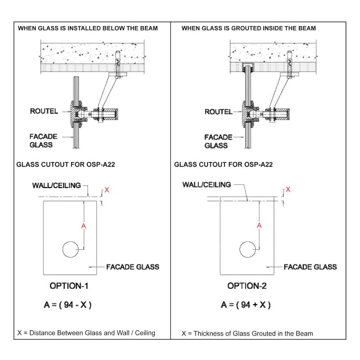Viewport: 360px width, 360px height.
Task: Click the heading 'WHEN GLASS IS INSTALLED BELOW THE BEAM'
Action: (87, 28)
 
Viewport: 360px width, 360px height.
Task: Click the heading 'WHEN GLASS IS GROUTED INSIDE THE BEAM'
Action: (248, 28)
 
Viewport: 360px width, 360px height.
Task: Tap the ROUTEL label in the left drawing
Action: (44, 111)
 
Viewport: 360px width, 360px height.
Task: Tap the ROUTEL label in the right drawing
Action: (218, 112)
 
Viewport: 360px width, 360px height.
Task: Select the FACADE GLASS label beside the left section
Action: (43, 140)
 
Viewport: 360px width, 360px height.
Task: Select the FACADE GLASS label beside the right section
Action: (218, 141)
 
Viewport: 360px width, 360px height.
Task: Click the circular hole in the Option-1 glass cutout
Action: (70, 249)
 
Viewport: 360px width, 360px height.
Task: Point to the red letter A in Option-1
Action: (83, 226)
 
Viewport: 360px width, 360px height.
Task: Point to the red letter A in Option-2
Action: (259, 226)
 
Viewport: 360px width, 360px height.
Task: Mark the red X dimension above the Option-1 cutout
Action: (107, 190)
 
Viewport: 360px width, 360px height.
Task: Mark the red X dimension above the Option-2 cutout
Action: (288, 189)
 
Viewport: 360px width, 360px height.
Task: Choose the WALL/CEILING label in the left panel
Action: (57, 185)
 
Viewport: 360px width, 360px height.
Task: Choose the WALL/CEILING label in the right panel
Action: (207, 184)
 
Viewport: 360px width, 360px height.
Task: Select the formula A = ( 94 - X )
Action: (68, 305)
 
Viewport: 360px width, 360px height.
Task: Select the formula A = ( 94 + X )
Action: (246, 305)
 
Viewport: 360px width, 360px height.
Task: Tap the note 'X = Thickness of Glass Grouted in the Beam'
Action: (247, 333)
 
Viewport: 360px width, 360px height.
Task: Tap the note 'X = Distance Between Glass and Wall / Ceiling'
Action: (86, 333)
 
